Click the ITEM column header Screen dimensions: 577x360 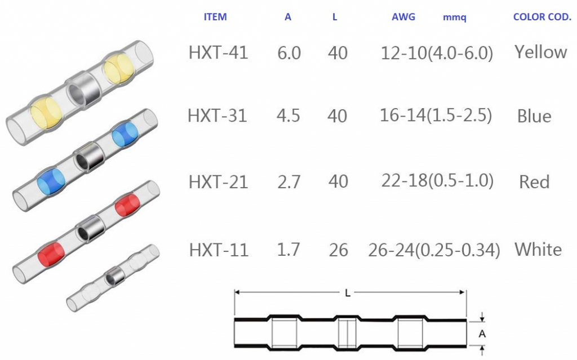tap(215, 17)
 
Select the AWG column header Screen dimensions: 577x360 tap(403, 17)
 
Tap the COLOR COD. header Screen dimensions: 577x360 tap(542, 17)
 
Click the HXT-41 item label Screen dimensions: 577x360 tap(218, 52)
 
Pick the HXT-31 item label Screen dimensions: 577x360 tap(217, 115)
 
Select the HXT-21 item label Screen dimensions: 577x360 tap(218, 182)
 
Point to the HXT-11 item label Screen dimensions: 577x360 tap(219, 250)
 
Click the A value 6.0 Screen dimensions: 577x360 tap(289, 53)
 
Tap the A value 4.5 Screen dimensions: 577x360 tap(288, 115)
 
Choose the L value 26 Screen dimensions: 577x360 tap(338, 250)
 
